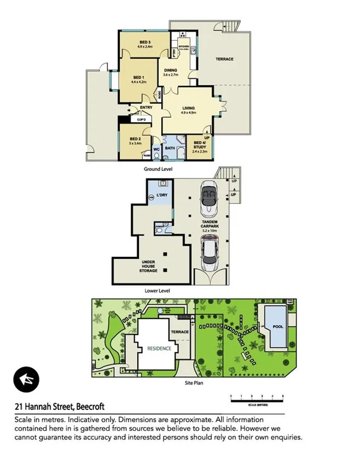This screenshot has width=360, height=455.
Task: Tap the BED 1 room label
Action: [138, 78]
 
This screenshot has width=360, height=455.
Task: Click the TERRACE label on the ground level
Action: [224, 59]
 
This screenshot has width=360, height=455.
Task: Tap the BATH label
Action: [169, 148]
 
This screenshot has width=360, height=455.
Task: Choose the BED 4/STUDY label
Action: [201, 146]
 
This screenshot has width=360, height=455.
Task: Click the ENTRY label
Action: [146, 107]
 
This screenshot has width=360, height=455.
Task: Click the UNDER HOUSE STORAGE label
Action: [149, 266]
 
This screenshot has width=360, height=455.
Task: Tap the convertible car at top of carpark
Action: [208, 197]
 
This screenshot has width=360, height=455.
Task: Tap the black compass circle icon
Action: [26, 379]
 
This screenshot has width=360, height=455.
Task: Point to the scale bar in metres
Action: [256, 395]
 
